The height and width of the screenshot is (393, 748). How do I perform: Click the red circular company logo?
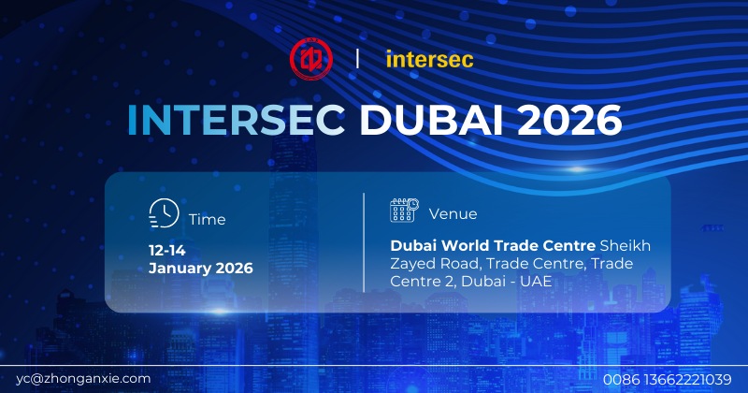click(x=309, y=59)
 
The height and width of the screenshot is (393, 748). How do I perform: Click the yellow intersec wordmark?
click(x=429, y=60)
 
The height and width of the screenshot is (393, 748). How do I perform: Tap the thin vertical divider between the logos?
click(x=358, y=59)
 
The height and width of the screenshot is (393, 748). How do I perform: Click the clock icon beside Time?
click(x=165, y=214)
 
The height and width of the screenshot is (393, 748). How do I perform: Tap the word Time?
click(x=207, y=220)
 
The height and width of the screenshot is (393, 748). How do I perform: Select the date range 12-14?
click(x=167, y=251)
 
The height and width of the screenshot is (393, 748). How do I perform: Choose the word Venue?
click(x=447, y=213)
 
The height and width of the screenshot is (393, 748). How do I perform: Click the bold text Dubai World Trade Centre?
click(x=493, y=246)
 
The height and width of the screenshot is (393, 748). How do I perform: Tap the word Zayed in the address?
click(x=411, y=264)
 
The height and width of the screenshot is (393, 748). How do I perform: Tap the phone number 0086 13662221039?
click(x=667, y=378)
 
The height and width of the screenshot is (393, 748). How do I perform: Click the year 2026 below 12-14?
click(x=234, y=269)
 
